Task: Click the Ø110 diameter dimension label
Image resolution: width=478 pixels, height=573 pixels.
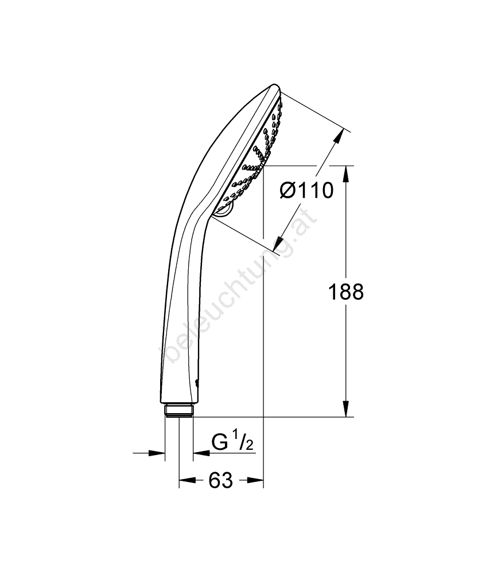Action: pyautogui.click(x=306, y=190)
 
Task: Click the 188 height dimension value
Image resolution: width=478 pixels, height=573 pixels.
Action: pyautogui.click(x=346, y=292)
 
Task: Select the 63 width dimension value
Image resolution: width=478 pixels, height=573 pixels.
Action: pyautogui.click(x=221, y=480)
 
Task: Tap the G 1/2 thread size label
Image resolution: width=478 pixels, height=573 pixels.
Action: pyautogui.click(x=232, y=443)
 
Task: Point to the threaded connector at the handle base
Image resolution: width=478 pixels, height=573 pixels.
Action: pyautogui.click(x=179, y=410)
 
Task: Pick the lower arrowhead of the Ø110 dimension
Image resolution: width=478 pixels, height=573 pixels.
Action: pyautogui.click(x=279, y=244)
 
